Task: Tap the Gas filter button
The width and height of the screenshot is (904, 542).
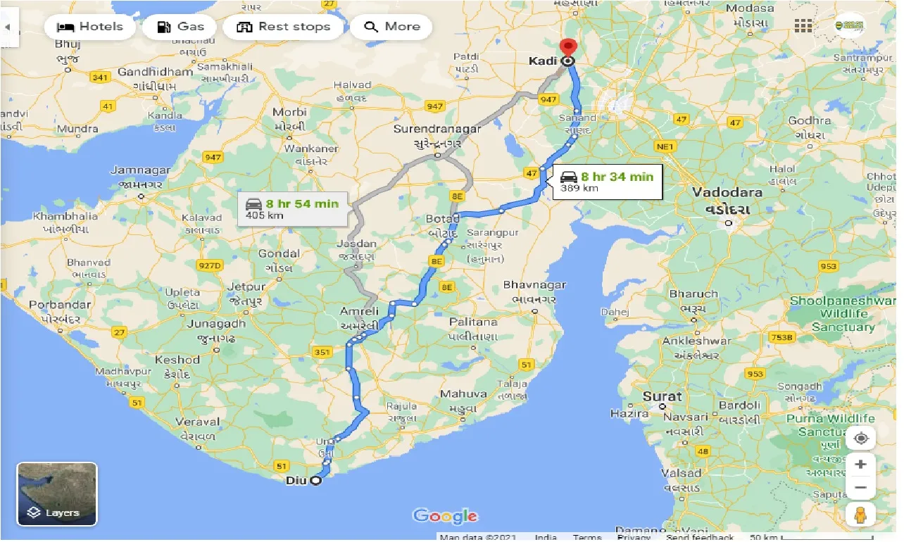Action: coord(180,27)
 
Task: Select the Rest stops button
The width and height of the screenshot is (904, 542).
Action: coord(283,27)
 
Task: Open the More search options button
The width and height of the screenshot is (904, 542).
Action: coord(391,27)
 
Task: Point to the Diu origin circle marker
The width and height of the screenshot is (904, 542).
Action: coord(315,481)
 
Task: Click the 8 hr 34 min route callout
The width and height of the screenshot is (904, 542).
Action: coord(607,182)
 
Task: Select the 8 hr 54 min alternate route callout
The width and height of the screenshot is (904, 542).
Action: coord(291,209)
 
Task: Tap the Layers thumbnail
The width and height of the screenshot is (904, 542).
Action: coord(57,494)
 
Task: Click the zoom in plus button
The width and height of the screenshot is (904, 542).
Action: coord(860,465)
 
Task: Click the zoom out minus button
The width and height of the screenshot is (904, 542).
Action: coord(860,487)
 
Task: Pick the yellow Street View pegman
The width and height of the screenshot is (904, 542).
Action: coord(860,515)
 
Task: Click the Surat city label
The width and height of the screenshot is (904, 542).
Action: coord(662,396)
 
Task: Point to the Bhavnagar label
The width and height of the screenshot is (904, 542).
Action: coord(534,285)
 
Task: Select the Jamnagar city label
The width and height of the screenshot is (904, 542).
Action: coord(140,170)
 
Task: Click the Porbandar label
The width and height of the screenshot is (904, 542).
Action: coord(60,305)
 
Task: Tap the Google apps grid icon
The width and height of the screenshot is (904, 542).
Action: coord(803,26)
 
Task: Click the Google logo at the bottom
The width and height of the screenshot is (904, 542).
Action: coord(445,516)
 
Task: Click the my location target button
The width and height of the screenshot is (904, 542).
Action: coord(860,439)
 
